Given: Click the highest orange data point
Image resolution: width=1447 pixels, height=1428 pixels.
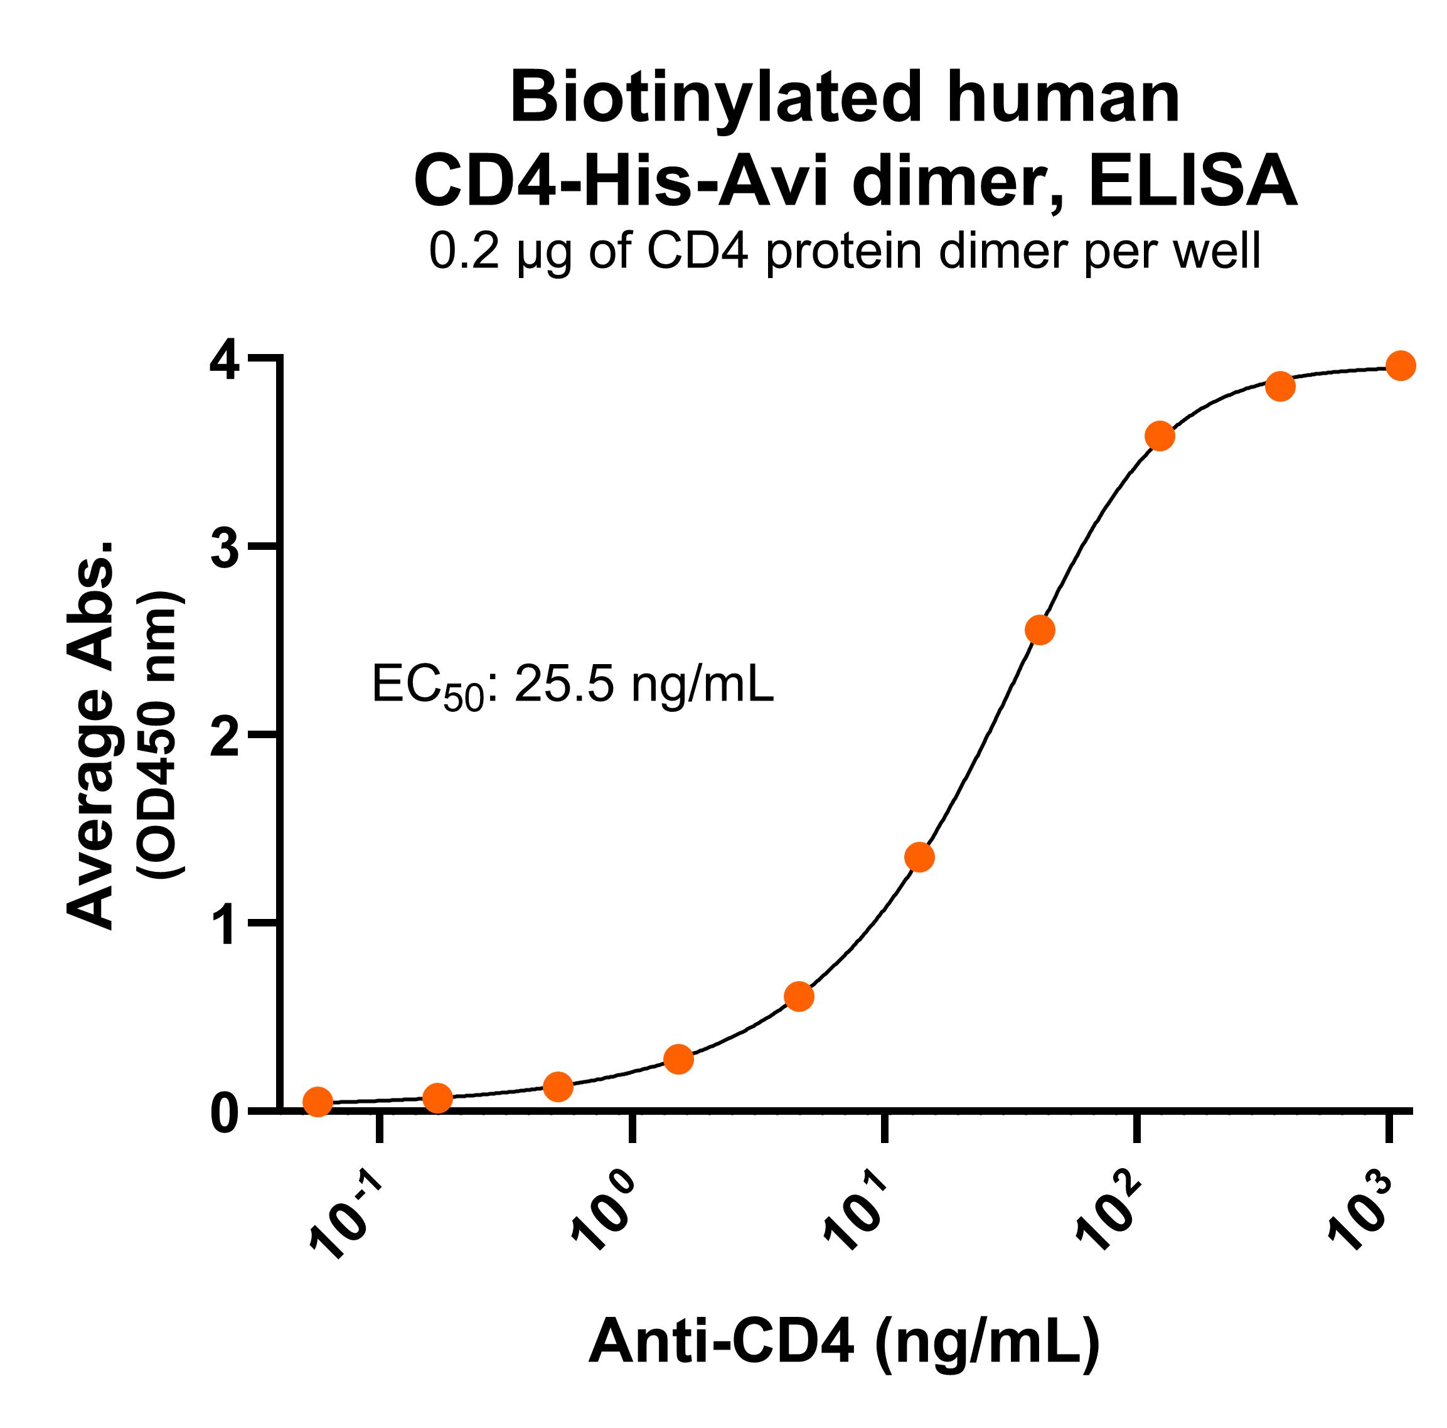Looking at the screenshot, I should pyautogui.click(x=1401, y=365).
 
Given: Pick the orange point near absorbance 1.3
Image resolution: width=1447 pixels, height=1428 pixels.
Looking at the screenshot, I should pyautogui.click(x=920, y=856).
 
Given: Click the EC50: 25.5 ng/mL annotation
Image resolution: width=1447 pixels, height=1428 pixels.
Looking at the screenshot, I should pyautogui.click(x=573, y=685).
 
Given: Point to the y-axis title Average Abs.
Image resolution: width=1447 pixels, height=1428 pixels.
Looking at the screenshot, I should pyautogui.click(x=92, y=734).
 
